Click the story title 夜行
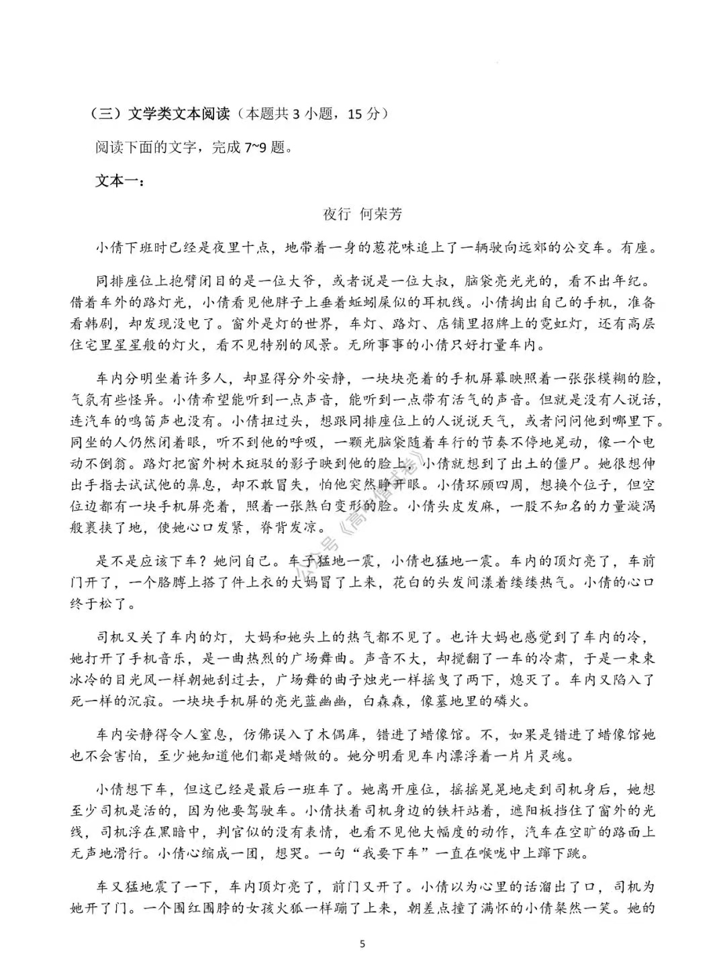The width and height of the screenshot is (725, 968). click(x=337, y=214)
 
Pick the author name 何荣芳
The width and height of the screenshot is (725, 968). click(x=381, y=214)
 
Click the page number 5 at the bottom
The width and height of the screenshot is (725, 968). click(x=362, y=944)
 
